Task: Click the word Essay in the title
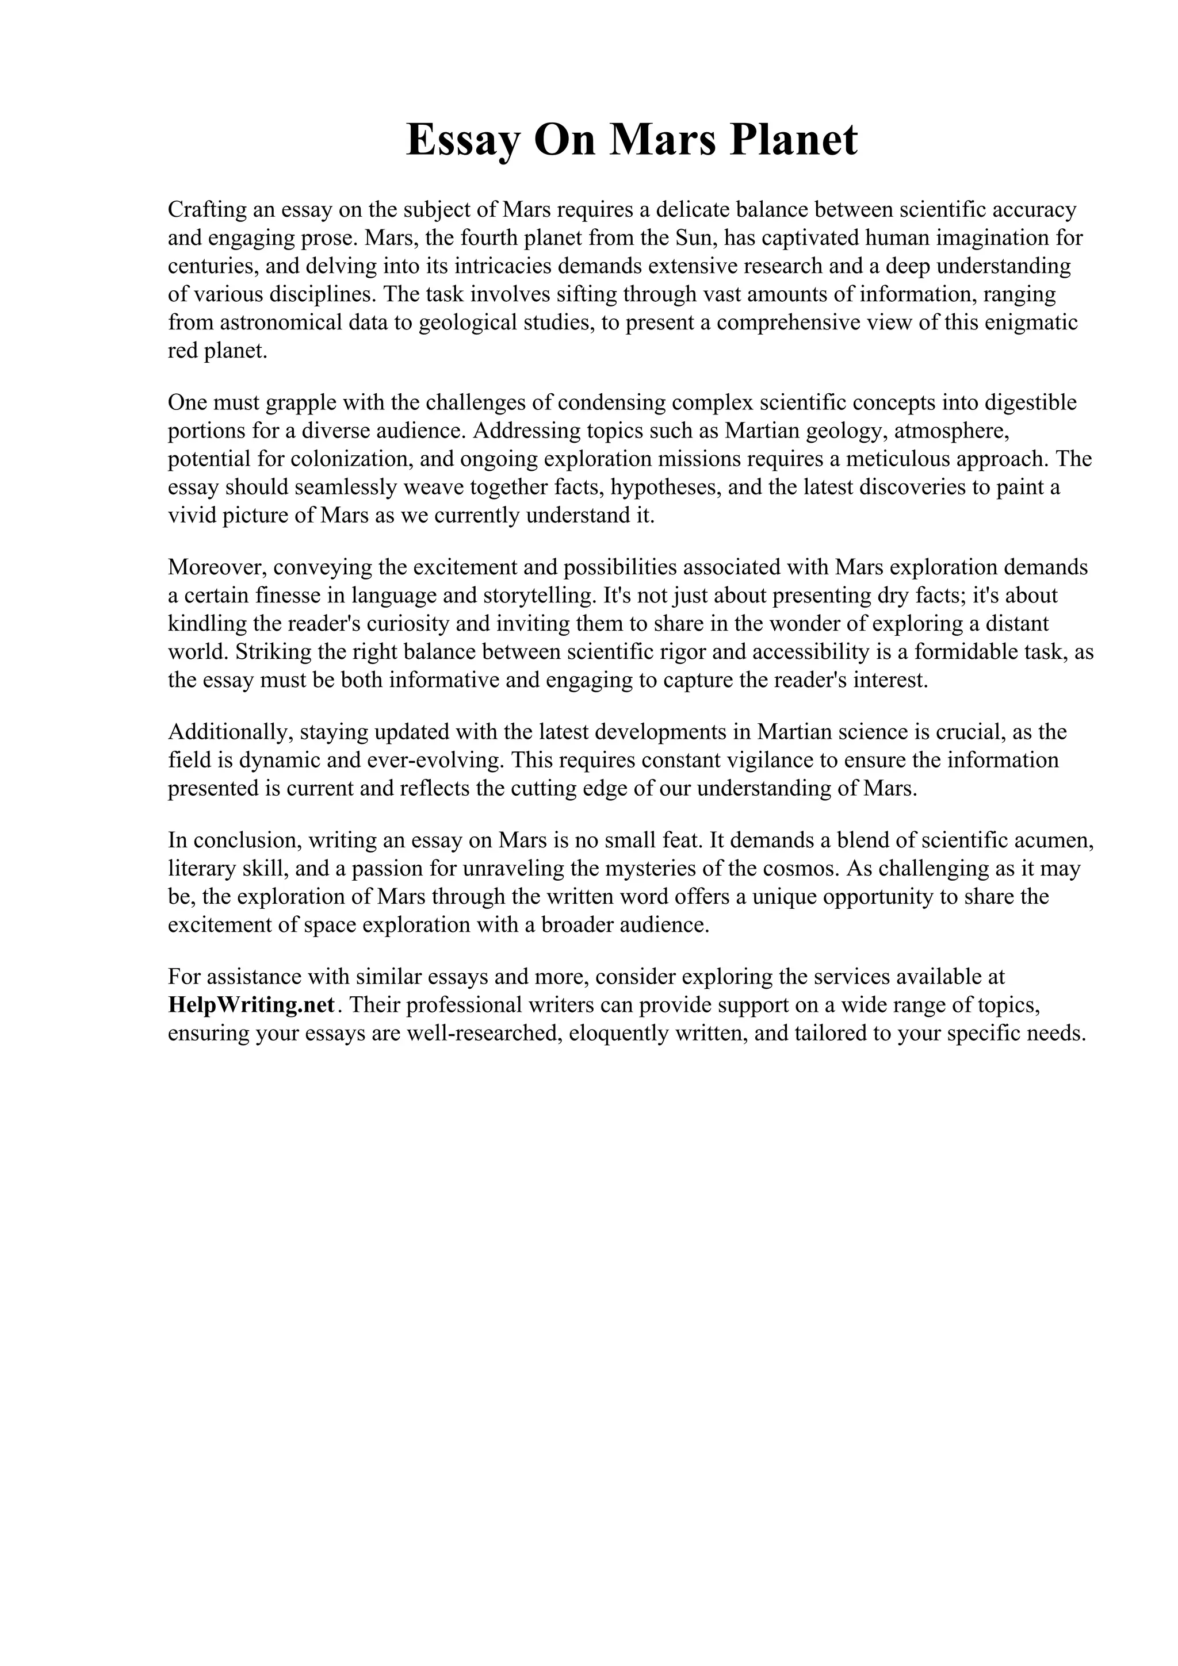coord(462,139)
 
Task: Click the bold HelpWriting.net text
coord(252,1005)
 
